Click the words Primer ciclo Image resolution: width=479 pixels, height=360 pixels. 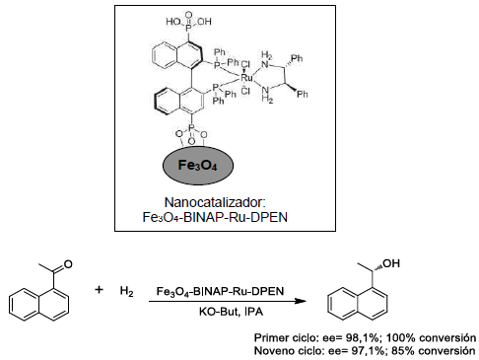(285, 336)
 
